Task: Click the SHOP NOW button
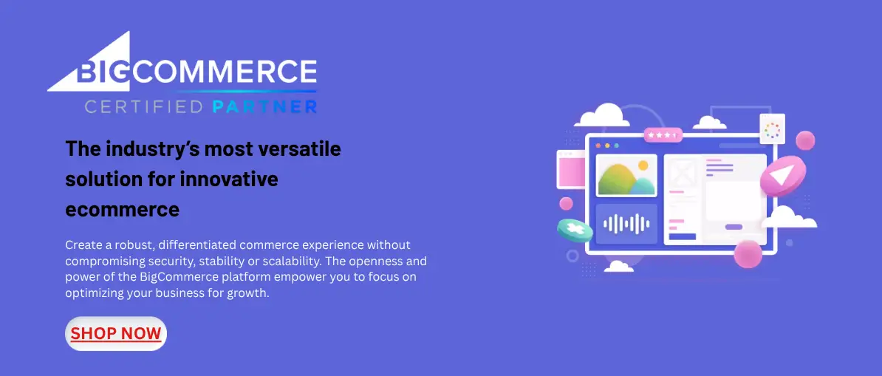tap(116, 334)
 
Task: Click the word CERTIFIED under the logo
tap(143, 107)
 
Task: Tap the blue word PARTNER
tap(265, 107)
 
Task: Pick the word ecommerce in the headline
tap(123, 210)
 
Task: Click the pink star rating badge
tap(663, 135)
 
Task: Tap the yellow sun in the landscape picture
tap(643, 165)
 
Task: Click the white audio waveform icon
tap(626, 224)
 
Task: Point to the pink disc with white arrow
tap(783, 176)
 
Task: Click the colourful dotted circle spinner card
tap(773, 130)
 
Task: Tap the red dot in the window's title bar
tap(598, 146)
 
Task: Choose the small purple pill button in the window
tap(734, 227)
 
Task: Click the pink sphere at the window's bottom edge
tap(748, 254)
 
